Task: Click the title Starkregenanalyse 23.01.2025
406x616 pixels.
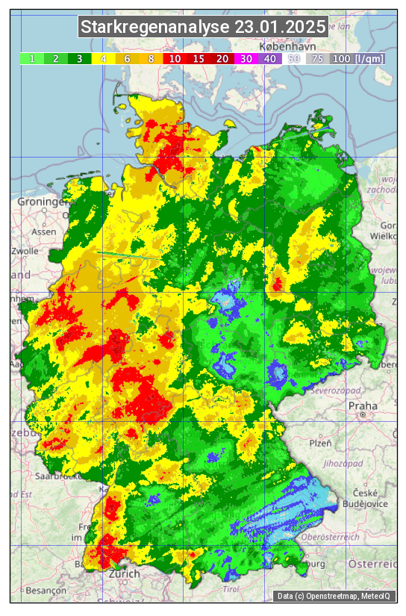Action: (203, 28)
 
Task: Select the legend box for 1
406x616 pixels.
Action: (32, 58)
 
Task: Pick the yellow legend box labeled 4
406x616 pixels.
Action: (103, 58)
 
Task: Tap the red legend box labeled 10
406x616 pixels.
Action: (175, 58)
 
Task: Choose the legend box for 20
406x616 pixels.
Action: (222, 58)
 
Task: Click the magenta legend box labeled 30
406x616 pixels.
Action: (246, 58)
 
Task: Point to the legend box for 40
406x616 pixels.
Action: (270, 58)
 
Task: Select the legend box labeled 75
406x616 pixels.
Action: (318, 58)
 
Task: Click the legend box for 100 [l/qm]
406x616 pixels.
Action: (357, 58)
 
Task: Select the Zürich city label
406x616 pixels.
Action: (124, 573)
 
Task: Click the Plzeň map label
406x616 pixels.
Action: (320, 443)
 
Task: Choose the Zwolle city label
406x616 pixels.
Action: (24, 251)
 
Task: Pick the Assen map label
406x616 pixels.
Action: (43, 231)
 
